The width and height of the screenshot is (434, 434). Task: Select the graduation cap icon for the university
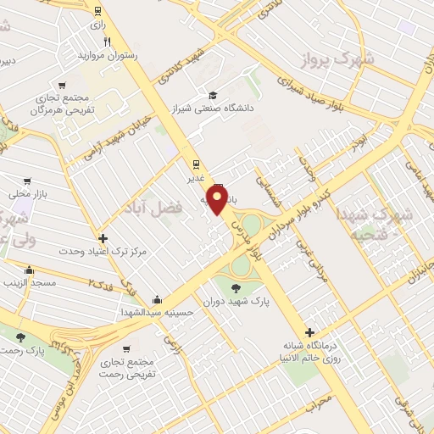tap(212, 95)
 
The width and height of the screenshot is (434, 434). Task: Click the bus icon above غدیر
tap(196, 166)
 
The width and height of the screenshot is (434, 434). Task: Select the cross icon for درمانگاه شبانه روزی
tap(309, 333)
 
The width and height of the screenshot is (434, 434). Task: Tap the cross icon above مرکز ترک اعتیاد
tap(103, 239)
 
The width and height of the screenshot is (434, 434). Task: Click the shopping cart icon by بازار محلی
tap(28, 181)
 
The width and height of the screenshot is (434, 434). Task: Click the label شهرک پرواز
tap(335, 59)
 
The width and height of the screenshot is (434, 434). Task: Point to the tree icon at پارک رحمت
tap(21, 337)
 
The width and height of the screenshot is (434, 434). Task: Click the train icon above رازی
tap(99, 12)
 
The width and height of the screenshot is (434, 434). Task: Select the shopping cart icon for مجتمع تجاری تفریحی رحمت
tap(126, 348)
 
